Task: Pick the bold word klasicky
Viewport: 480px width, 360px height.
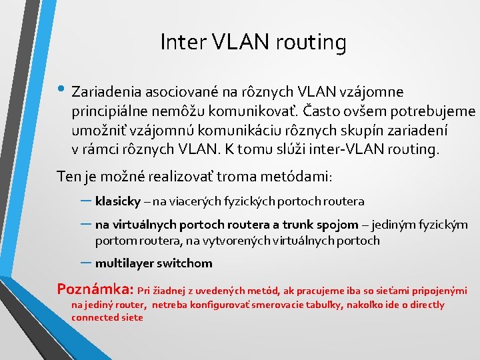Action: coord(117,201)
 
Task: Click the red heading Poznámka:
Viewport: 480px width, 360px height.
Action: coord(96,289)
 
